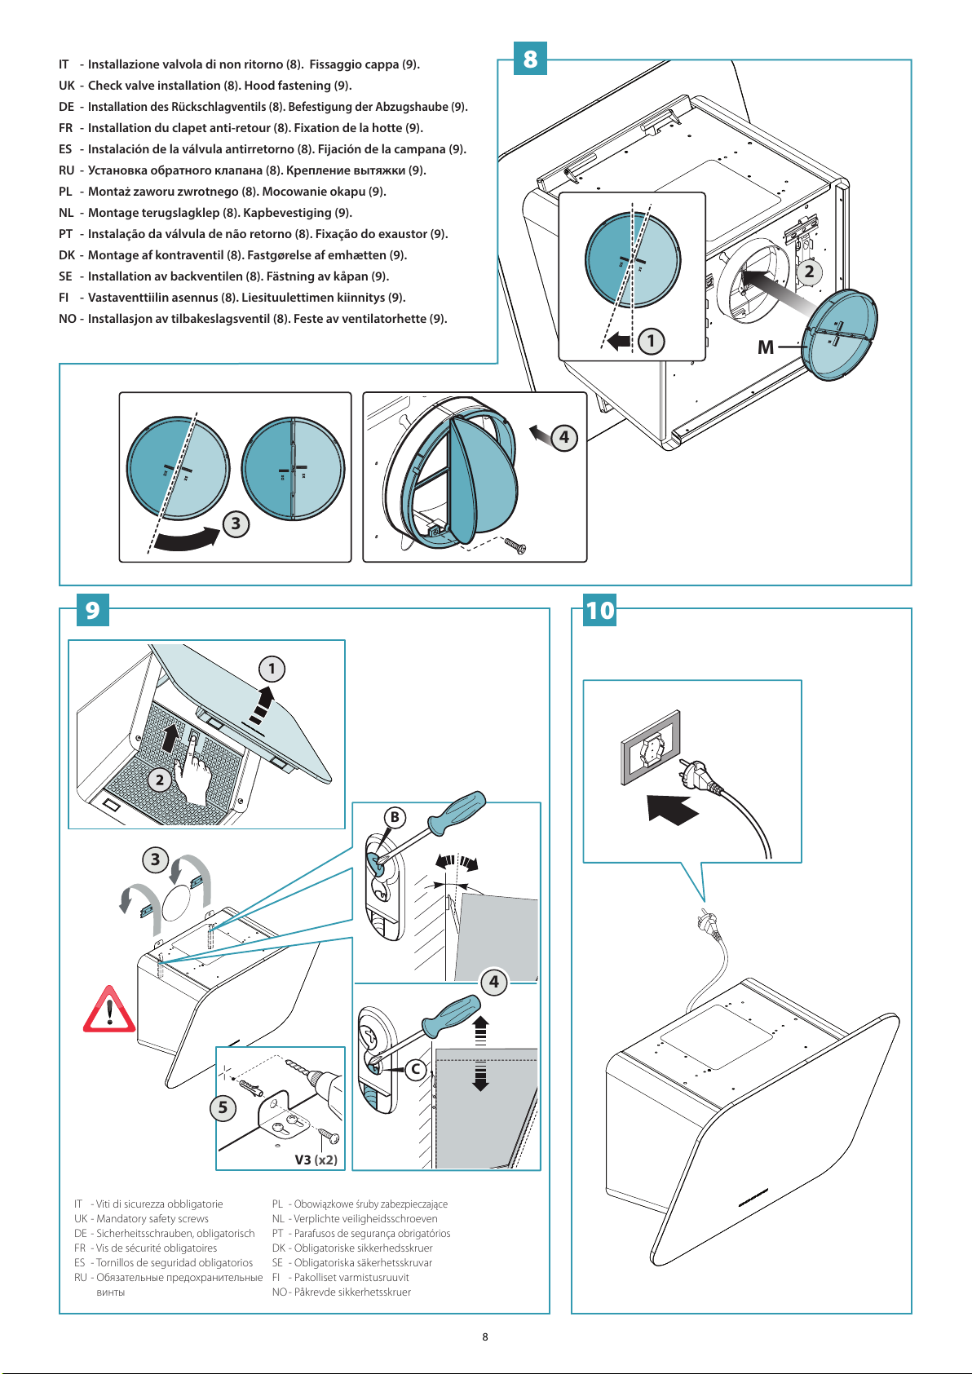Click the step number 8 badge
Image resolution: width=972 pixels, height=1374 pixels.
(x=530, y=59)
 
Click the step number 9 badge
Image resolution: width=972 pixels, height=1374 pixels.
(x=92, y=609)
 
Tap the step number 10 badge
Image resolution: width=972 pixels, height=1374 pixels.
(x=600, y=610)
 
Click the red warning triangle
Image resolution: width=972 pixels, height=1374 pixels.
(x=109, y=1010)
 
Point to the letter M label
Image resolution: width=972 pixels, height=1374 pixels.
(x=766, y=347)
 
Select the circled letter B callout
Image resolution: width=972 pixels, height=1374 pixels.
(x=395, y=817)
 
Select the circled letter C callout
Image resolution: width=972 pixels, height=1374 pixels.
(x=416, y=1069)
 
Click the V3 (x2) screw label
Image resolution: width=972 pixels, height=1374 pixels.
(x=316, y=1160)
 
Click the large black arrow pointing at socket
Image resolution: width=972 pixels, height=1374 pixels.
(x=672, y=809)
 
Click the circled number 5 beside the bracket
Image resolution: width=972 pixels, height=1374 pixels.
(x=223, y=1107)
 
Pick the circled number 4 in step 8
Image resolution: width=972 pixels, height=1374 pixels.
(x=563, y=437)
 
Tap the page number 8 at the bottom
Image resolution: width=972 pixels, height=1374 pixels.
(x=485, y=1336)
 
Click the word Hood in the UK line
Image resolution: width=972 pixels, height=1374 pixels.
(x=259, y=86)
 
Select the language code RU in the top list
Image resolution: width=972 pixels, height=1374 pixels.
(x=66, y=170)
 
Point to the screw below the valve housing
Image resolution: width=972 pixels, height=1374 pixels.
(x=515, y=546)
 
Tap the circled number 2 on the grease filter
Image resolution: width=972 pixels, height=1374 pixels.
(x=160, y=780)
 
